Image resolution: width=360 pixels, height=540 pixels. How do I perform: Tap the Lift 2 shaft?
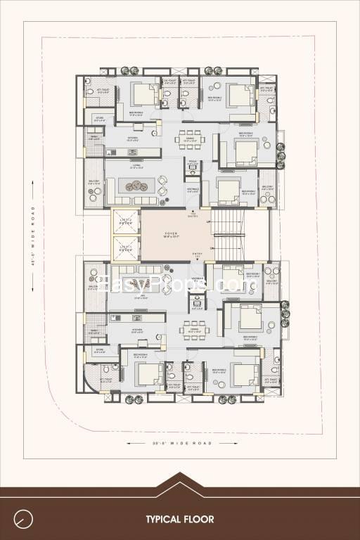click(x=126, y=247)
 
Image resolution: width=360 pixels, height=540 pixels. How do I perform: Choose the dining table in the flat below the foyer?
click(x=193, y=328)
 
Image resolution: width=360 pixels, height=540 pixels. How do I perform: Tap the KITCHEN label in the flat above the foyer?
click(x=131, y=138)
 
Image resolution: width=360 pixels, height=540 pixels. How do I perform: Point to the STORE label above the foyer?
click(x=99, y=119)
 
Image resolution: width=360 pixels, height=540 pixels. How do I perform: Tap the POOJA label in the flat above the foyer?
click(x=193, y=163)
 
